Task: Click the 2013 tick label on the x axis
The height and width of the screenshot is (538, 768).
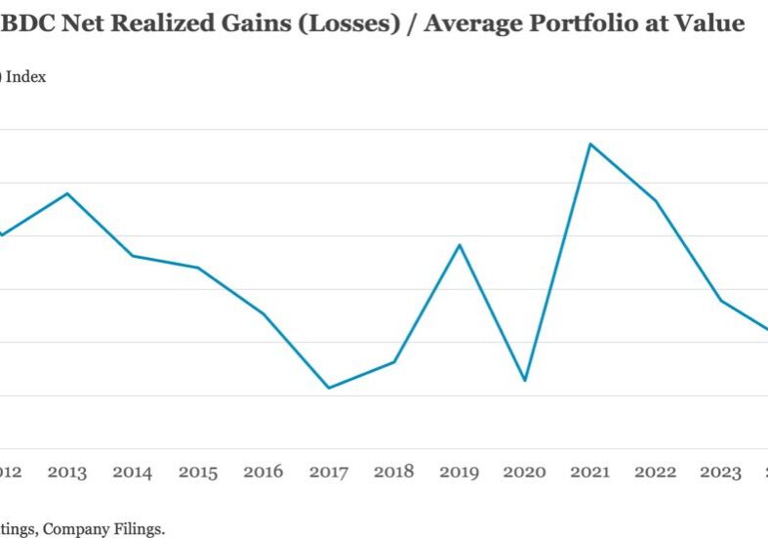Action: click(66, 473)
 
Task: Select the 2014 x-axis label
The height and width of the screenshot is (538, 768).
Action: click(132, 473)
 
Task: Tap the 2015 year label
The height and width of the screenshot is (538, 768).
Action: click(198, 473)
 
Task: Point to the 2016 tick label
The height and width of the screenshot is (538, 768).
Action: click(263, 473)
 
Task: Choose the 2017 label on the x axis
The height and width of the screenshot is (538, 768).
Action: click(329, 473)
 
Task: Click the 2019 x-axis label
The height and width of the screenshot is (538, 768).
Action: click(460, 473)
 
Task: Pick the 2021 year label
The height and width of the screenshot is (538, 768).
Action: click(590, 473)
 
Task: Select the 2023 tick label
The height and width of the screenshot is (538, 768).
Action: click(721, 473)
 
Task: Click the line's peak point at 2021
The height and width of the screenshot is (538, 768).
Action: click(590, 145)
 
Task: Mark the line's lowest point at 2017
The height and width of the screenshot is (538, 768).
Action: click(329, 388)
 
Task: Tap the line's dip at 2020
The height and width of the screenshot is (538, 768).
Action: click(525, 380)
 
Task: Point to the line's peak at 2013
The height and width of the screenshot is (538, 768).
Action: click(66, 193)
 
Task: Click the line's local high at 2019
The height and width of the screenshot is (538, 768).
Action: click(460, 244)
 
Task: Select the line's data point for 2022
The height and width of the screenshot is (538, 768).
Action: click(656, 201)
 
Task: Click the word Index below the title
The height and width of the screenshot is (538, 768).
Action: click(27, 77)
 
